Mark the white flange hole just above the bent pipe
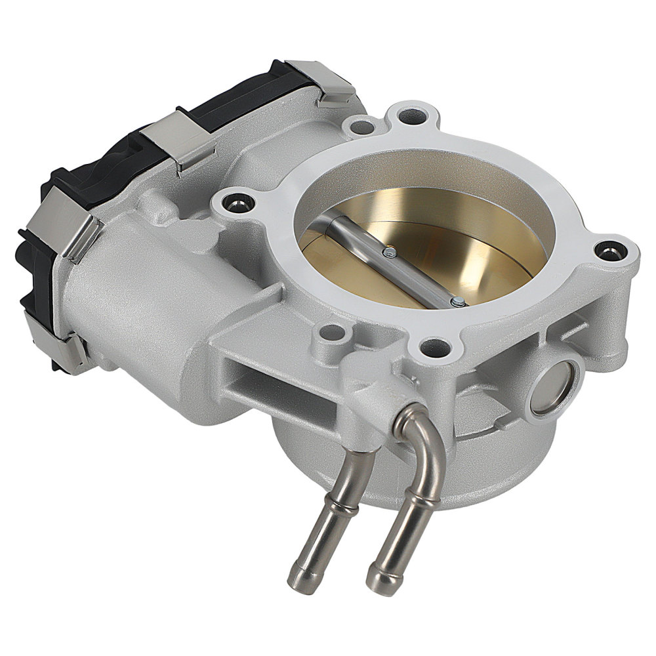click(x=431, y=344)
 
